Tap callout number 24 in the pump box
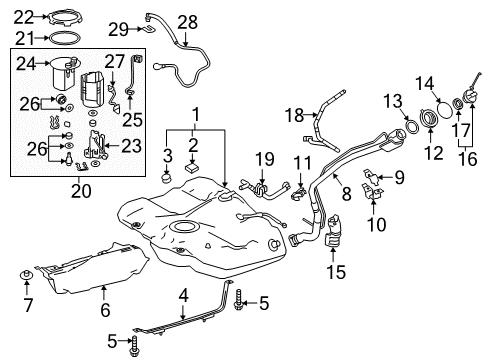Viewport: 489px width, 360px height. tap(28, 64)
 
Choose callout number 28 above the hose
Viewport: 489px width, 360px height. tap(188, 21)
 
